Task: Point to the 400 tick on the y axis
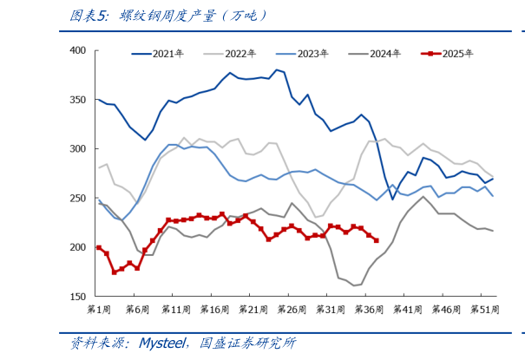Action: pyautogui.click(x=76, y=50)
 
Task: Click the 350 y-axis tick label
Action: pyautogui.click(x=76, y=100)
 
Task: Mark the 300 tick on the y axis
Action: pyautogui.click(x=76, y=149)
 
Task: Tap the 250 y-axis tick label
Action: pyautogui.click(x=76, y=198)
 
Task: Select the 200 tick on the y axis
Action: pyautogui.click(x=76, y=247)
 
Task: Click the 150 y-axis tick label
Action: pyautogui.click(x=76, y=297)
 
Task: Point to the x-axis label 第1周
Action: pyautogui.click(x=99, y=310)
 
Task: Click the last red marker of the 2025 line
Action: pyautogui.click(x=376, y=240)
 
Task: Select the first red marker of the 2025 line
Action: pyautogui.click(x=98, y=247)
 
